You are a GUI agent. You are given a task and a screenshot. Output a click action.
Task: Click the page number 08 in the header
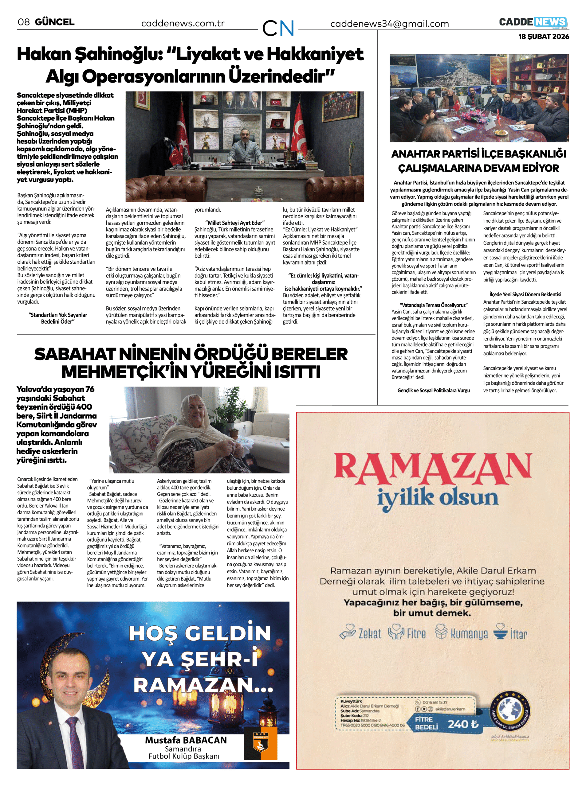23,22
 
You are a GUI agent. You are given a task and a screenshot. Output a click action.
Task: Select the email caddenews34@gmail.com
389,24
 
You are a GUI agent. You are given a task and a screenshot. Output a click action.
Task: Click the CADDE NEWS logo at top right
533,22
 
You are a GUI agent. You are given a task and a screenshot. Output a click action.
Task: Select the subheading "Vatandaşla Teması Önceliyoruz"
434,305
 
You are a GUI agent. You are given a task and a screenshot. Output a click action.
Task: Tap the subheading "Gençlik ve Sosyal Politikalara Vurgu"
434,391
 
